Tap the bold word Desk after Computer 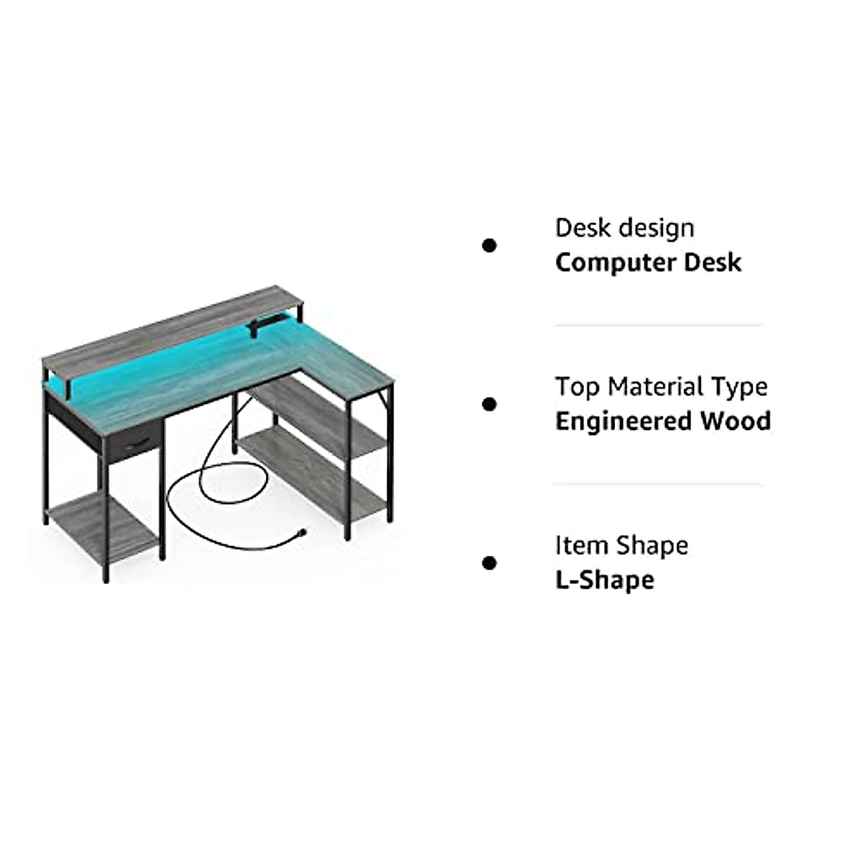pyautogui.click(x=712, y=262)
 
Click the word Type pyautogui.click(x=740, y=388)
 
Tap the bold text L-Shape pyautogui.click(x=604, y=580)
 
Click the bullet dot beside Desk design pyautogui.click(x=489, y=246)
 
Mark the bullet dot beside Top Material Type pyautogui.click(x=489, y=404)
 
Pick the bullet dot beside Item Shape pyautogui.click(x=489, y=562)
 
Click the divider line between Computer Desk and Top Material pyautogui.click(x=657, y=325)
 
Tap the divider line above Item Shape pyautogui.click(x=657, y=484)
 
